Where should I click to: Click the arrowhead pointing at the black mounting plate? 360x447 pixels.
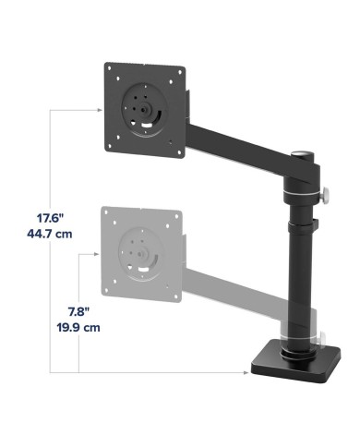pos(100,110)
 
